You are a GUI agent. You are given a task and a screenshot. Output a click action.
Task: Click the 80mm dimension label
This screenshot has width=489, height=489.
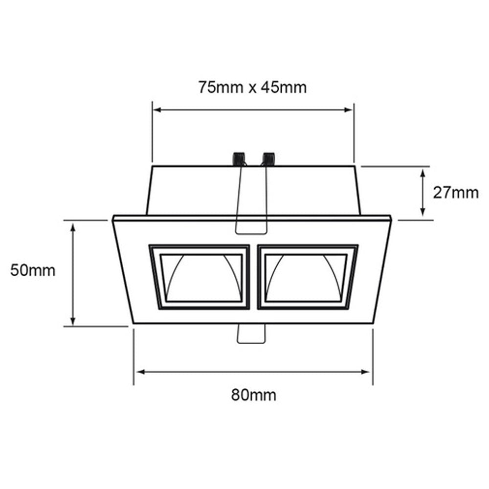point(253,394)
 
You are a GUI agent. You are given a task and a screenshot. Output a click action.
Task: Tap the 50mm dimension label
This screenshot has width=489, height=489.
point(33,270)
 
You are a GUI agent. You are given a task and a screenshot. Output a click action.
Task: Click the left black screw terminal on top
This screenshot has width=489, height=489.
point(239,159)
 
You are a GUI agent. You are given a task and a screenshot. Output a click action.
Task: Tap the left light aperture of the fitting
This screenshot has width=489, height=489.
point(201,277)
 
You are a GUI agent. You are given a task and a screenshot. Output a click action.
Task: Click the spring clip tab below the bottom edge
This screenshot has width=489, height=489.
point(252,333)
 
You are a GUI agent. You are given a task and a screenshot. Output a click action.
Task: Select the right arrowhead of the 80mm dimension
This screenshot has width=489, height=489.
point(368,372)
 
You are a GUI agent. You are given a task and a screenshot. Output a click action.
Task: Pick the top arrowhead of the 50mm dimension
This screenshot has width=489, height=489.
point(73,227)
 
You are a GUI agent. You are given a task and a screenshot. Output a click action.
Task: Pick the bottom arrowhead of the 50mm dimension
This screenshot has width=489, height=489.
point(73,321)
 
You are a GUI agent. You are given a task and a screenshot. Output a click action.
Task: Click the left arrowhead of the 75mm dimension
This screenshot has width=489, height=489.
point(157,110)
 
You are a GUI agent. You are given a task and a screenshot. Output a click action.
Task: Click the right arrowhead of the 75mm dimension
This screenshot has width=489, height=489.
point(349,110)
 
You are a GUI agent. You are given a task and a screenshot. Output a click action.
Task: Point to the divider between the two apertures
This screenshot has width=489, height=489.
point(254,277)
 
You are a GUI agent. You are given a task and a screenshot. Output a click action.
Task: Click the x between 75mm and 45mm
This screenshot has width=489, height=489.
point(252,88)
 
